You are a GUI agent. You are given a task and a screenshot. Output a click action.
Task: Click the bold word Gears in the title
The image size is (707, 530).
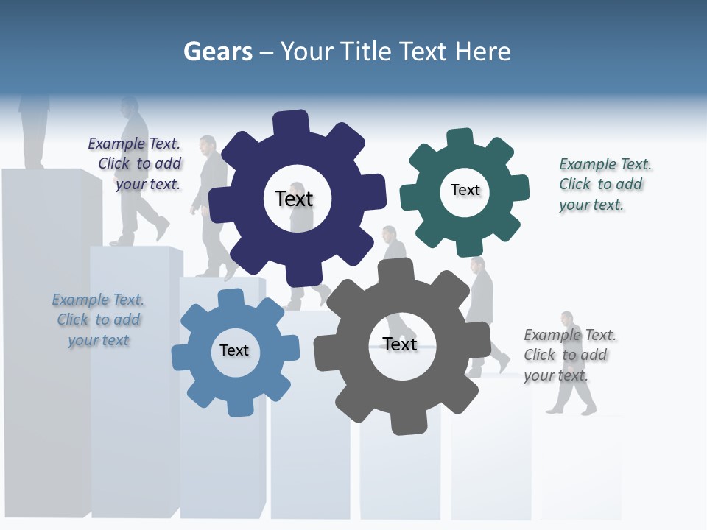218,52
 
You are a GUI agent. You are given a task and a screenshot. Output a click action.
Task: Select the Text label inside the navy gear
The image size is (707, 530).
294,199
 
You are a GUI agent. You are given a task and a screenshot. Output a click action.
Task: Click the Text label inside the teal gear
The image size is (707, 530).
465,190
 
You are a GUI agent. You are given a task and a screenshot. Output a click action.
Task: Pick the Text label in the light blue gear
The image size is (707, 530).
234,350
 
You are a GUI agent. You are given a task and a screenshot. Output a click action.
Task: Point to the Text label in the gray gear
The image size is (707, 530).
400,344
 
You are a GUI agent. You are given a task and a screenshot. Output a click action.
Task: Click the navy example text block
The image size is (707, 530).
137,163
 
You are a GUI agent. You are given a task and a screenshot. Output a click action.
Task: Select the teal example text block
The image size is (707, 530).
604,184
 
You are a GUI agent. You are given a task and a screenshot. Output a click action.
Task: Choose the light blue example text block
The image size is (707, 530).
98,319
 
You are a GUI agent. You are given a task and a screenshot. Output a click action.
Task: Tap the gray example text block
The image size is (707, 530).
569,355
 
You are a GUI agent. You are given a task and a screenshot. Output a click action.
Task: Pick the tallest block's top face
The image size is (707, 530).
44,172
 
